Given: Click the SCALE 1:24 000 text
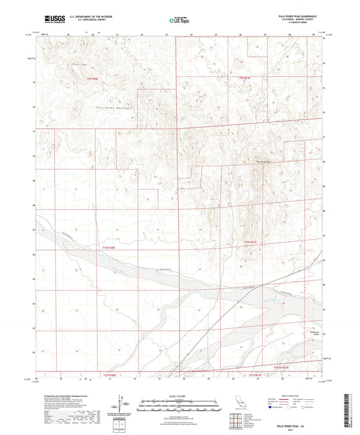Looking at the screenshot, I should click(x=180, y=395).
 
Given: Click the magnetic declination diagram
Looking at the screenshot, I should click(x=120, y=404).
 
